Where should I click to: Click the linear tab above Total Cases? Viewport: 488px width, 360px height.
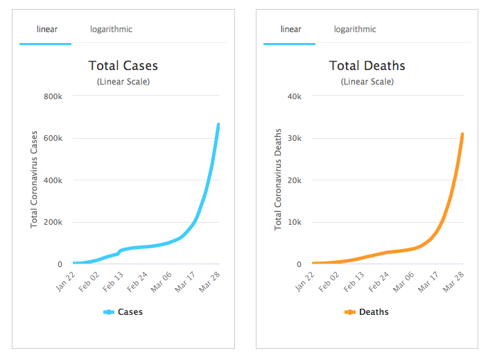46,29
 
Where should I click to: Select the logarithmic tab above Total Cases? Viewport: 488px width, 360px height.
111,29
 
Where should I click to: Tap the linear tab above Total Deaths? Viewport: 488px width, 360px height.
290,29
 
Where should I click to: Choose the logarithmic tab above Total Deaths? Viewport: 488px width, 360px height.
355,29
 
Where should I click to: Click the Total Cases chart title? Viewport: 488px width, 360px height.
123,66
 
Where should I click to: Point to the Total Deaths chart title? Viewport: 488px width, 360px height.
367,66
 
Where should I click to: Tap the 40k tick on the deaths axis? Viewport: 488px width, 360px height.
295,96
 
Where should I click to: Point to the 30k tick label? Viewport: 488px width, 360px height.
295,138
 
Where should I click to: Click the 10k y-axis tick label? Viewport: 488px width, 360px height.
295,223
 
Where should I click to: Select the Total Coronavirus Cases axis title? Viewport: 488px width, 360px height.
33,180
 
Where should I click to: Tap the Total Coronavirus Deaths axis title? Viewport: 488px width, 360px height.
277,180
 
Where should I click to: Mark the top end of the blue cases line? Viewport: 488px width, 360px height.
218,125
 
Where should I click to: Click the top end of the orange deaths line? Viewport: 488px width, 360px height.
462,134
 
